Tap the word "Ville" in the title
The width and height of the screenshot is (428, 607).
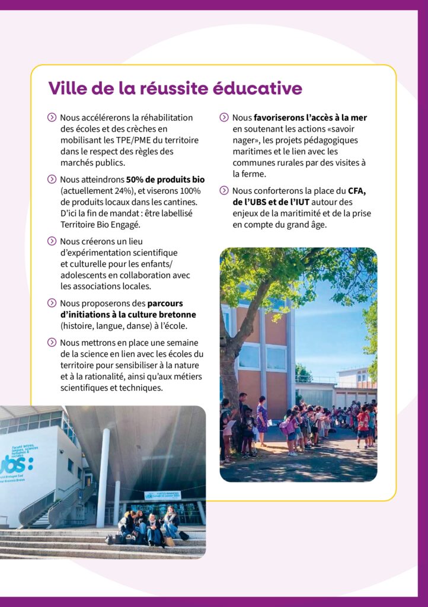(68, 88)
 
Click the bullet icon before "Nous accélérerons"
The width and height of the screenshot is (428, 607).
(52, 118)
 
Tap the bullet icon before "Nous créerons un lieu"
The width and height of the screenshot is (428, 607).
(52, 241)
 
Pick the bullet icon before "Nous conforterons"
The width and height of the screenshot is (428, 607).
(223, 191)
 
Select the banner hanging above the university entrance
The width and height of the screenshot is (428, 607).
(162, 495)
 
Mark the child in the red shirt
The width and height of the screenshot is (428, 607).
(363, 424)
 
